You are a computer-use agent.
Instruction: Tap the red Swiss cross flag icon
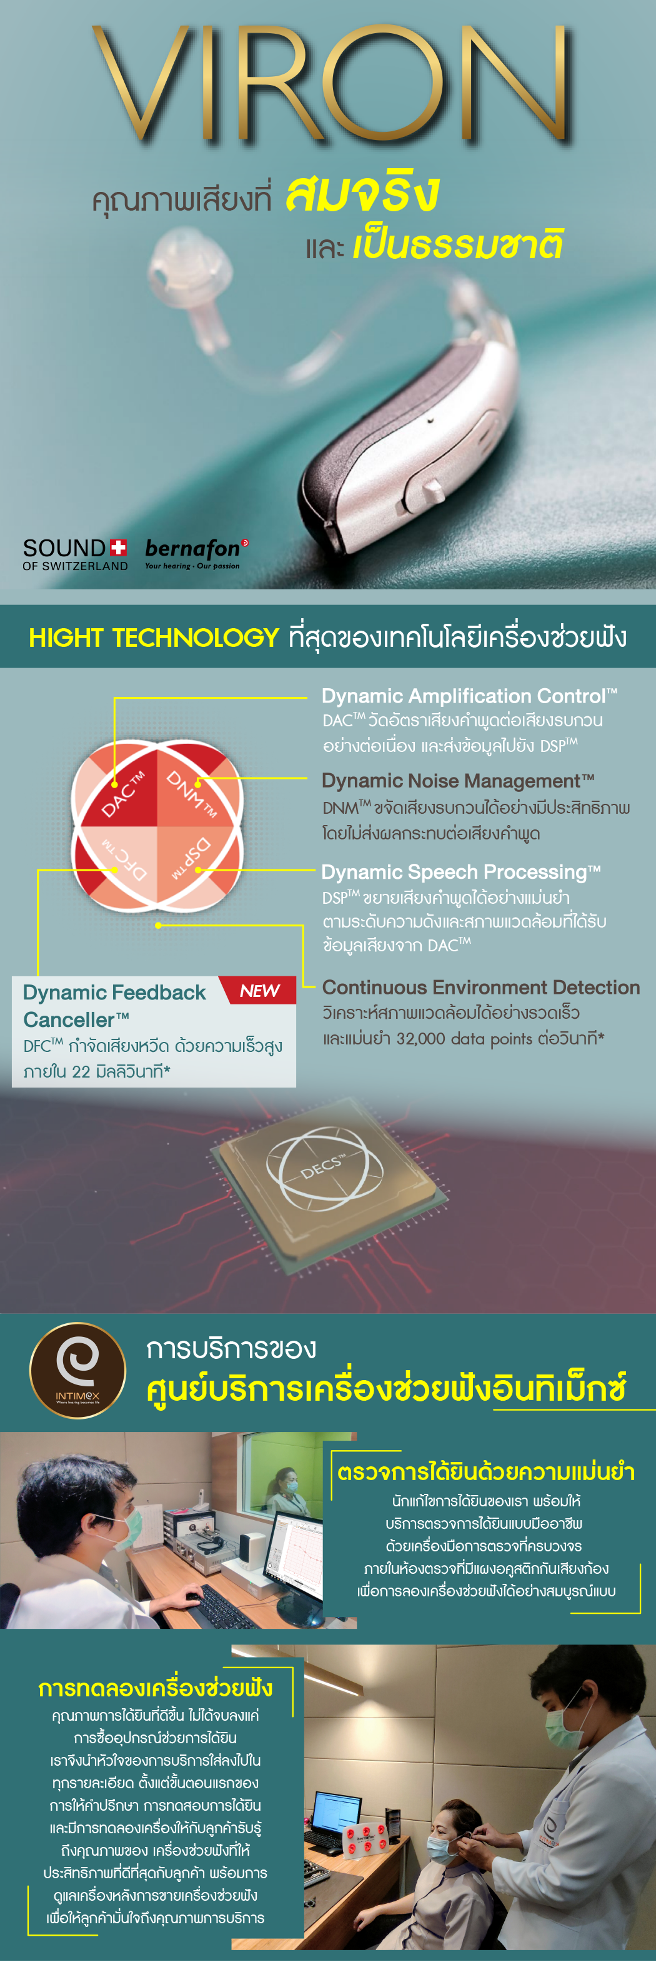click(118, 547)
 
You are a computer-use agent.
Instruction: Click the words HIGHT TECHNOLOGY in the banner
click(154, 638)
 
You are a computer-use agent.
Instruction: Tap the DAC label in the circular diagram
click(121, 794)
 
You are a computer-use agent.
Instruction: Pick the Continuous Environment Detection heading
click(481, 987)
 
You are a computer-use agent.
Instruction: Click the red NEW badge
click(259, 990)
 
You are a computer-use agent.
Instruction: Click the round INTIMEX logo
click(77, 1370)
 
